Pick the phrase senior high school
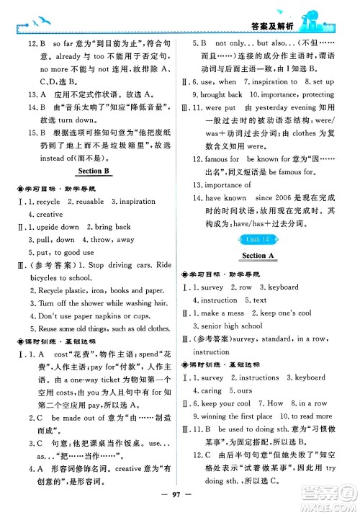(232, 326)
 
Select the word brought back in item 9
(221, 95)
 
